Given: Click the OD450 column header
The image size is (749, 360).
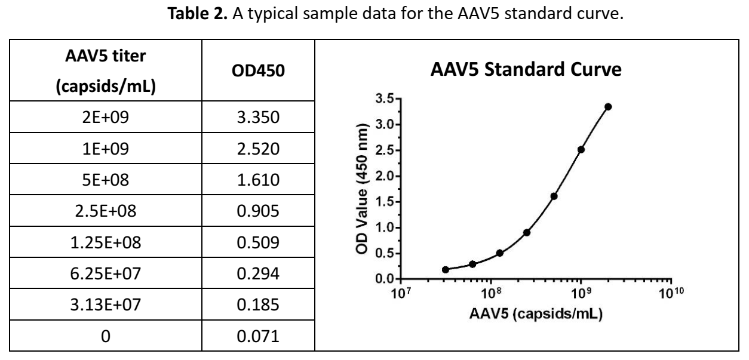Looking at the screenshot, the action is (258, 70).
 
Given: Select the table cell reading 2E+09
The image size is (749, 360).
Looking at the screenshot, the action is (105, 118).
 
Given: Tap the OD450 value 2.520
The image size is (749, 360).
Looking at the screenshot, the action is (258, 149).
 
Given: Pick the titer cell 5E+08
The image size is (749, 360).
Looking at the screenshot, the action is (105, 180).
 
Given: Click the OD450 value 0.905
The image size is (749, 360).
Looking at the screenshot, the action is (258, 211).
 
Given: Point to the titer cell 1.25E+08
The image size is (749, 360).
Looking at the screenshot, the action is (105, 242).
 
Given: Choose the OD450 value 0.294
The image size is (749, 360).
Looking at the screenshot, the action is (258, 273).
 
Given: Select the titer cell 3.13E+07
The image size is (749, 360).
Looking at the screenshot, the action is (105, 304).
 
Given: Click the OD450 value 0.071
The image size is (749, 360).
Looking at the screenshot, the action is (258, 336).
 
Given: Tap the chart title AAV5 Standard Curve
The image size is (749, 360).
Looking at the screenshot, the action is (526, 69).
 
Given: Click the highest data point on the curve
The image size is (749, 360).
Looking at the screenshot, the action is (608, 107).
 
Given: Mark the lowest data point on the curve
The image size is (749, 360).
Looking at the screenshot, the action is (446, 269).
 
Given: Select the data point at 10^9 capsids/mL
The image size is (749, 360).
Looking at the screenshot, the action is (581, 149).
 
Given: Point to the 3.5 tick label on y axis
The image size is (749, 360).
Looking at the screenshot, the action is (384, 99).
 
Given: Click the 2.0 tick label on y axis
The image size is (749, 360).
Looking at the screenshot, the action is (384, 176).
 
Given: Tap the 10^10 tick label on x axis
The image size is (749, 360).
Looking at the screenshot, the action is (671, 293).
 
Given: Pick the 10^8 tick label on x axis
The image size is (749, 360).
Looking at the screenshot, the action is (491, 293).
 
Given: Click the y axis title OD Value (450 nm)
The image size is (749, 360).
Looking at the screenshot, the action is (362, 189).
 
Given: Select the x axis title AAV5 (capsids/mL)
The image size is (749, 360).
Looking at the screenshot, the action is (536, 314).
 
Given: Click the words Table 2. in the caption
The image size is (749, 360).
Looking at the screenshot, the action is (197, 14).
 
